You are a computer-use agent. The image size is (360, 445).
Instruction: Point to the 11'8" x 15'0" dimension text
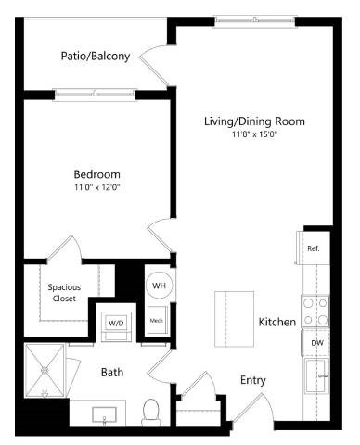point(254,134)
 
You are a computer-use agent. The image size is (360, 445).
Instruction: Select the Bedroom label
point(97,173)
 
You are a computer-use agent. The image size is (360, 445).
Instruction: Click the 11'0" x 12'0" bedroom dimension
point(97,187)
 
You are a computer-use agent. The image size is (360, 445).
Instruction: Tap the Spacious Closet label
point(65,293)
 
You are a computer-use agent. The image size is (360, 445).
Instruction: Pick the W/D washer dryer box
point(117,322)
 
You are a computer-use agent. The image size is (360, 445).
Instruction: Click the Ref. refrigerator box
point(314,248)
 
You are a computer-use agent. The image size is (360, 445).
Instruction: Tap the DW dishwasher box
point(315,342)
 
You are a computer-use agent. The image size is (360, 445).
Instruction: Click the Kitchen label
point(277,322)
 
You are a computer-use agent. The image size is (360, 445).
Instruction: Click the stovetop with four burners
point(315,309)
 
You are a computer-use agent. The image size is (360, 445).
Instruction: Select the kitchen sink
point(319,378)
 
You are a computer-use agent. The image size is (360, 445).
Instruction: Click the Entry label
point(254,379)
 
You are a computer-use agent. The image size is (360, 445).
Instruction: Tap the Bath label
point(113,372)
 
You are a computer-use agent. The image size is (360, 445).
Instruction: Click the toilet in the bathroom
point(151,411)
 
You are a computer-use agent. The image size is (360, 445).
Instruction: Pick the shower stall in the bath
point(45,370)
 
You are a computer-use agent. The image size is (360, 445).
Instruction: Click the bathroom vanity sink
point(104,414)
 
